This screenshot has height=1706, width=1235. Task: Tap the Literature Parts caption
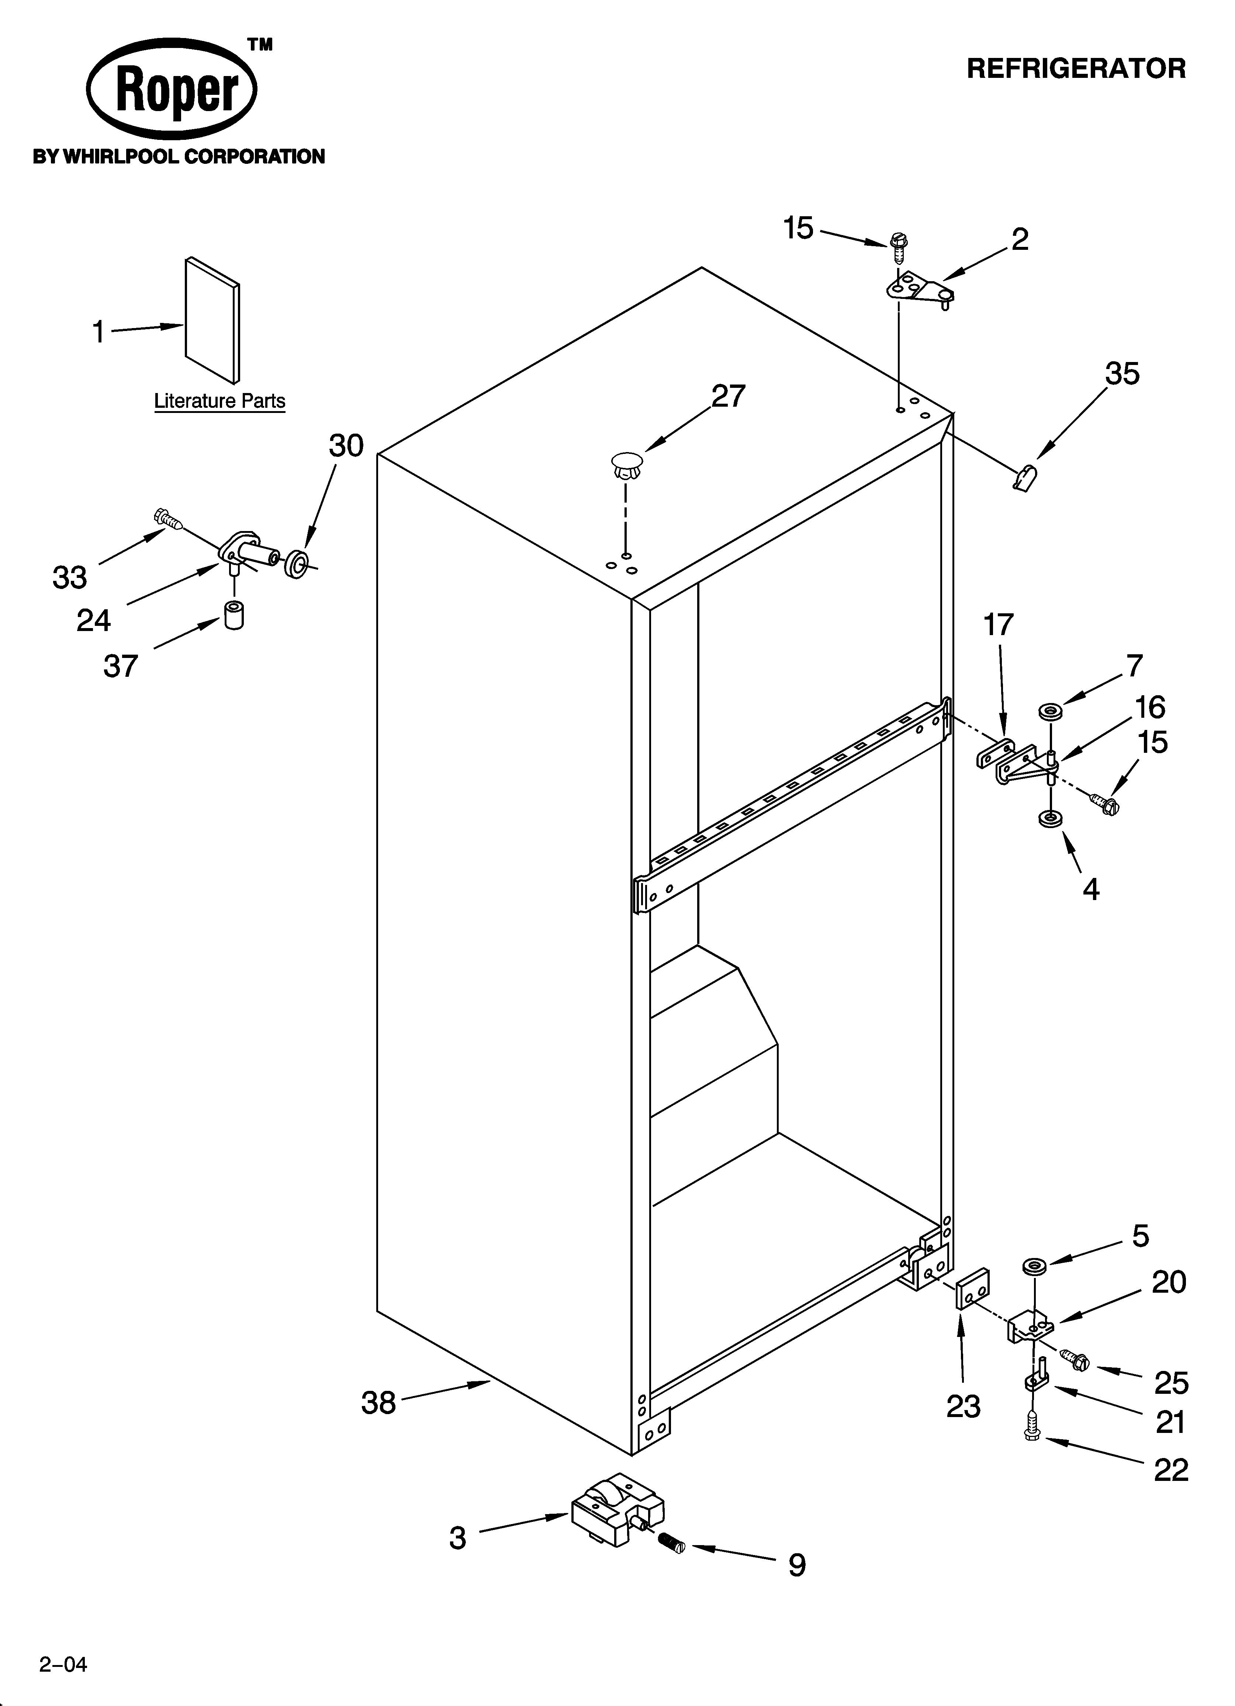click(219, 401)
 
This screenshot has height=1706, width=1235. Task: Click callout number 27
click(728, 396)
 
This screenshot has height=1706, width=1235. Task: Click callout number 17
click(999, 624)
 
